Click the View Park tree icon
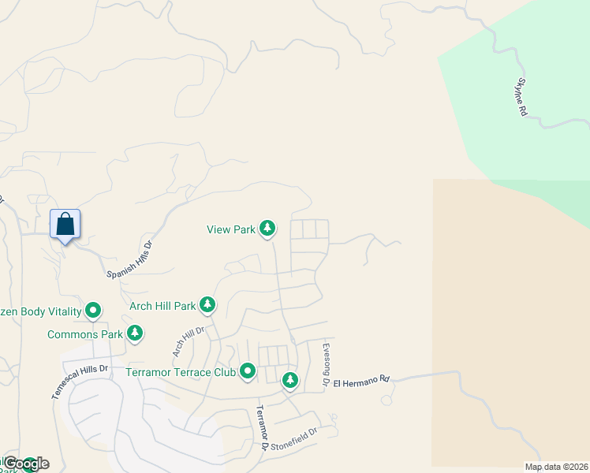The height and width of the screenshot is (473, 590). click(x=268, y=229)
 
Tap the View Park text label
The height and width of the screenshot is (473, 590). click(x=231, y=229)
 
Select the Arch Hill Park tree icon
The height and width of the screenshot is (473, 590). click(x=207, y=304)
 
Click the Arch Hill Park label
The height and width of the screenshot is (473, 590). click(x=162, y=306)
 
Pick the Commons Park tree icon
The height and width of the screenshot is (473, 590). click(x=135, y=333)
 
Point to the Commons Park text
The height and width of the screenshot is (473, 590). click(x=84, y=334)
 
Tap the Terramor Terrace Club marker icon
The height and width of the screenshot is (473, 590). click(x=248, y=371)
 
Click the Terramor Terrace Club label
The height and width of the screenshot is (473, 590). click(x=181, y=372)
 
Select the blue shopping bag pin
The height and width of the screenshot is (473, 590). click(x=65, y=225)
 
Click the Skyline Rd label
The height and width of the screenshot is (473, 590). click(x=521, y=98)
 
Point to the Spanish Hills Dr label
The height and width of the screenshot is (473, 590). click(x=129, y=259)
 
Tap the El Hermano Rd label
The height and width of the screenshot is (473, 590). click(x=361, y=381)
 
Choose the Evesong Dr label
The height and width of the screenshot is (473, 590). click(x=326, y=363)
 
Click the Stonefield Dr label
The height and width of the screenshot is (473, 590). click(x=293, y=438)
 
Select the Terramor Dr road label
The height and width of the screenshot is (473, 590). click(x=261, y=428)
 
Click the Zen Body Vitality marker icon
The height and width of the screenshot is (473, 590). click(x=93, y=311)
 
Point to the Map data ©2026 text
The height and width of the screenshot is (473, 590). click(x=556, y=467)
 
